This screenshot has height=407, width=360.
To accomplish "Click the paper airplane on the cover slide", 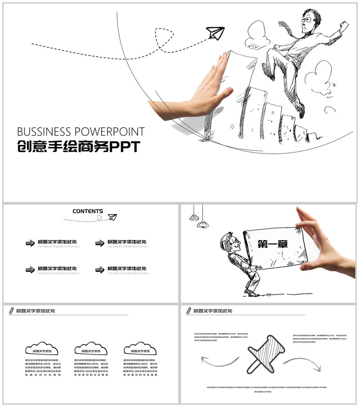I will coord(215,33).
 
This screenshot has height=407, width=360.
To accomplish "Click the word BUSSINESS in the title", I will coord(44,132).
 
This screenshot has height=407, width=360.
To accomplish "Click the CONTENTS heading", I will coord(88,211).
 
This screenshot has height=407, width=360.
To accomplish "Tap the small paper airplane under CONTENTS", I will coord(112,217).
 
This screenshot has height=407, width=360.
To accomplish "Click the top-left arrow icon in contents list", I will coord(30,243).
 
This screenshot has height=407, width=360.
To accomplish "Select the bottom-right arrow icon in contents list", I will coord(99,269).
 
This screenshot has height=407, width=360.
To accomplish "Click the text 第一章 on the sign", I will coord(273,243).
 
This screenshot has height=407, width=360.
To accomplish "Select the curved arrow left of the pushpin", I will coord(220,360).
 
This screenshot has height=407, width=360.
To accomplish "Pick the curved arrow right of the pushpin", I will coord(302,363).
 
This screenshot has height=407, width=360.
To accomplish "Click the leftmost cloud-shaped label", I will coord(41,349).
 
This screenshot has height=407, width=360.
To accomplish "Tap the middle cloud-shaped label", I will coord(91,349).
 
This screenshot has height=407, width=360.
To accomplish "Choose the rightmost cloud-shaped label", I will coord(140,349).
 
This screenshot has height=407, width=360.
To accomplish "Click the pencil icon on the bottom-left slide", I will coord(10,310).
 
